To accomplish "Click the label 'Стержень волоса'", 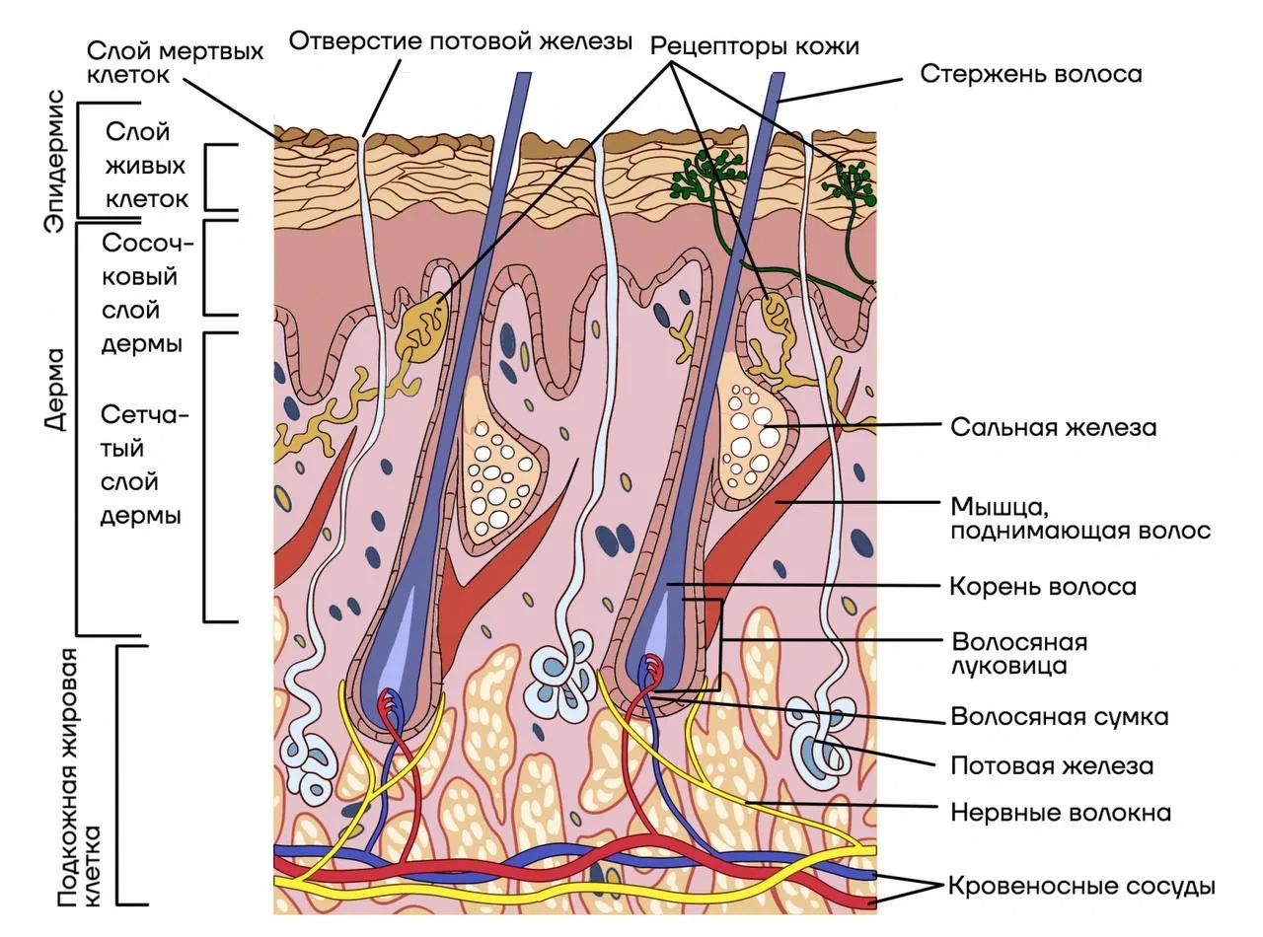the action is point(1031,75).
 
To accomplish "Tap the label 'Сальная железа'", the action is point(1054,427).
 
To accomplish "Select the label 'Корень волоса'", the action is point(1043,586).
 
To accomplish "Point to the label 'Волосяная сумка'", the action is point(1060,716).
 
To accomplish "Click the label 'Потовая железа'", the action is point(1052,765).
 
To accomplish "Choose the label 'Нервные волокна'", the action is point(1061,813).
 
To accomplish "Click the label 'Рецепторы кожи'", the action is point(755,46).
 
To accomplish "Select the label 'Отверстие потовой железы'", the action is point(461,41).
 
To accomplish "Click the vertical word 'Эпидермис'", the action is point(54,161).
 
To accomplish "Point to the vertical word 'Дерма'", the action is point(55,390).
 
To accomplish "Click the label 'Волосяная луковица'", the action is point(1019,654).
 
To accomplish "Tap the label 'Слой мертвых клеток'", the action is point(176,62).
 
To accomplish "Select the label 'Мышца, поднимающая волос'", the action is point(1080,518).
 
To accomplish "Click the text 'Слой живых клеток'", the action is point(146,166).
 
